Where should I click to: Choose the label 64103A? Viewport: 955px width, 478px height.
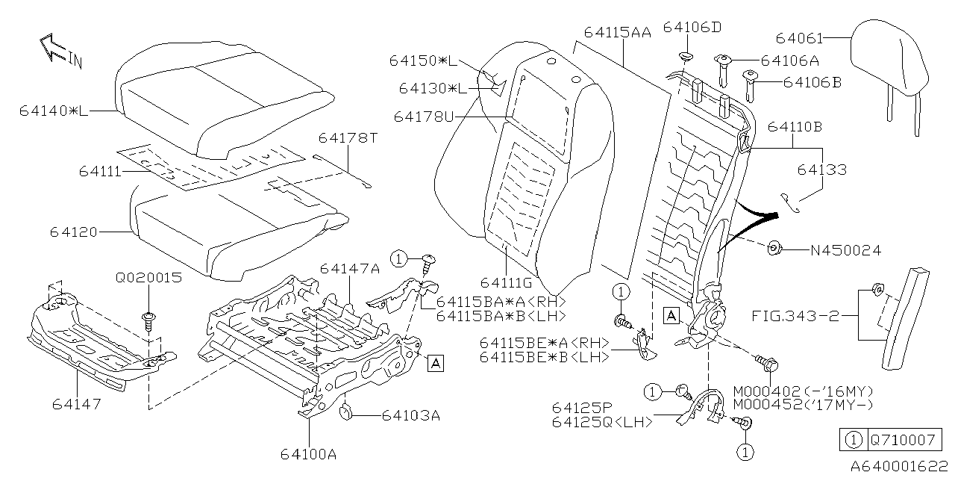click(x=412, y=414)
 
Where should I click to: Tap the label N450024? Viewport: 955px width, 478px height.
click(x=845, y=251)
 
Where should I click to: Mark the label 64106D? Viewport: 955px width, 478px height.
click(x=692, y=28)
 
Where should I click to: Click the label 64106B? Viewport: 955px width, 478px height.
click(x=812, y=82)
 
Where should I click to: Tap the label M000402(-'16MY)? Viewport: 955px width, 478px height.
click(x=803, y=391)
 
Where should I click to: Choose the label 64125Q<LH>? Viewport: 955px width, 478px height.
click(x=602, y=422)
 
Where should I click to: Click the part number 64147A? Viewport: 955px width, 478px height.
click(x=350, y=268)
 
